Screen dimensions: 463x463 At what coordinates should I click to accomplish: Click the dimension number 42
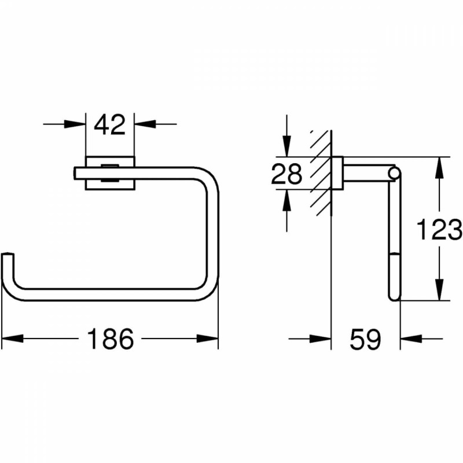coord(109,124)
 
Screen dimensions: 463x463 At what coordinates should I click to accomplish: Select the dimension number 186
coord(111,339)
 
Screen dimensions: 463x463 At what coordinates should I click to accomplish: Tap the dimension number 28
coord(286,174)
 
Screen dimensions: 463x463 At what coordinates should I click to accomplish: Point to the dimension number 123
coord(439,229)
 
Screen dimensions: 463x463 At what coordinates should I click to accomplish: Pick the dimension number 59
coord(365,339)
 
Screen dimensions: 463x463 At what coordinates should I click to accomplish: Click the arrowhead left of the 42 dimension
coord(75,124)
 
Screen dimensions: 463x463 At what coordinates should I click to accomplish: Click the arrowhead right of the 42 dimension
coord(145,124)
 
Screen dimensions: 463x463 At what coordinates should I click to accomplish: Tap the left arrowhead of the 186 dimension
coord(12,339)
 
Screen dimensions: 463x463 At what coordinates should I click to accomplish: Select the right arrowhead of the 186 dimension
coord(208,339)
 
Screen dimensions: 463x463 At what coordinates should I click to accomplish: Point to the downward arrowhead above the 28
coord(286,146)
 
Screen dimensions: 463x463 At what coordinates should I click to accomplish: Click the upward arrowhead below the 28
coord(286,200)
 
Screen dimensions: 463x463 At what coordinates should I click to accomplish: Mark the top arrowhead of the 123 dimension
coord(439,168)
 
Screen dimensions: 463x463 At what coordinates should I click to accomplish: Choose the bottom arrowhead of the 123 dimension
coord(439,290)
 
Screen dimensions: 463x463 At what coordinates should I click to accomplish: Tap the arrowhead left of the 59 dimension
coord(320,339)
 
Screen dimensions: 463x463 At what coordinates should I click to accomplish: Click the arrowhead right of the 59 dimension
coord(411,339)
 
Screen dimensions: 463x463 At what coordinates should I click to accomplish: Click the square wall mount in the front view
coord(110,173)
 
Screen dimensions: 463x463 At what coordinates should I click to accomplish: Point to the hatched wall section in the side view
coord(320,174)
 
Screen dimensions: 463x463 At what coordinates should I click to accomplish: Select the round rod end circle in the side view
coord(395,173)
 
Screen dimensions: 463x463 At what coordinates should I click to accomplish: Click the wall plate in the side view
coord(337,173)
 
